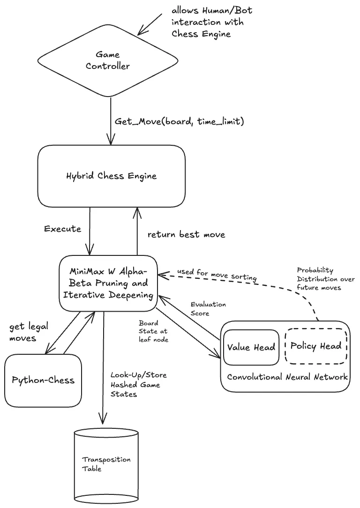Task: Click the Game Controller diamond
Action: pos(107,60)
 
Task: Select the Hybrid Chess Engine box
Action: pos(111,176)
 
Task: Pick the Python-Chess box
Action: pos(43,380)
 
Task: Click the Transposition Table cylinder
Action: pos(106,464)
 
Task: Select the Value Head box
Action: pos(251,347)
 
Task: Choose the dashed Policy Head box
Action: pos(315,347)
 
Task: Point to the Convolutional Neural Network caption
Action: pos(287,377)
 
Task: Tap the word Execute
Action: pos(62,229)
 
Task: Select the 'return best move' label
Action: pos(186,234)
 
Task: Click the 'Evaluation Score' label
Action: pos(208,309)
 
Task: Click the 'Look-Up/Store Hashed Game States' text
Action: pos(139,384)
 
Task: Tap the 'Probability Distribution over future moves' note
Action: pos(325,279)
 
